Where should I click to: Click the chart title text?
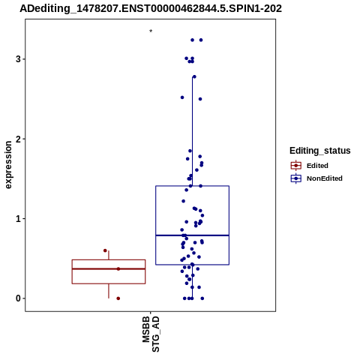click(151, 8)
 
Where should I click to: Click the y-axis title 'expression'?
click(8, 165)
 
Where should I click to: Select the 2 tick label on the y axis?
click(18, 139)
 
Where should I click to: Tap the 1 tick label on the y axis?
click(18, 219)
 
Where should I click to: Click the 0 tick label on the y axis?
click(18, 298)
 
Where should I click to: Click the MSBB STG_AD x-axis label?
click(151, 334)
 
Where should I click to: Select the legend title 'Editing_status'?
click(320, 151)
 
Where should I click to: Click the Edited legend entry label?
click(317, 166)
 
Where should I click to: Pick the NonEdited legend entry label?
click(325, 178)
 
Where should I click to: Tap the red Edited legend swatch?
click(296, 166)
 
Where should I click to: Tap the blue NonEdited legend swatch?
click(296, 178)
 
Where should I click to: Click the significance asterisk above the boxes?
click(151, 31)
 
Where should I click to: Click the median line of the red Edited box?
click(109, 268)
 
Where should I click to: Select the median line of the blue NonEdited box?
click(193, 235)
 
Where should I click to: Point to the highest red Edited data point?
click(105, 250)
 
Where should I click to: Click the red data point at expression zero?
click(118, 298)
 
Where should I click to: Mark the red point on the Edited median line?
click(118, 269)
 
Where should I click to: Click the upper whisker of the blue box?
click(192, 131)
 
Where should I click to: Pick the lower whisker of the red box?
click(109, 291)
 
